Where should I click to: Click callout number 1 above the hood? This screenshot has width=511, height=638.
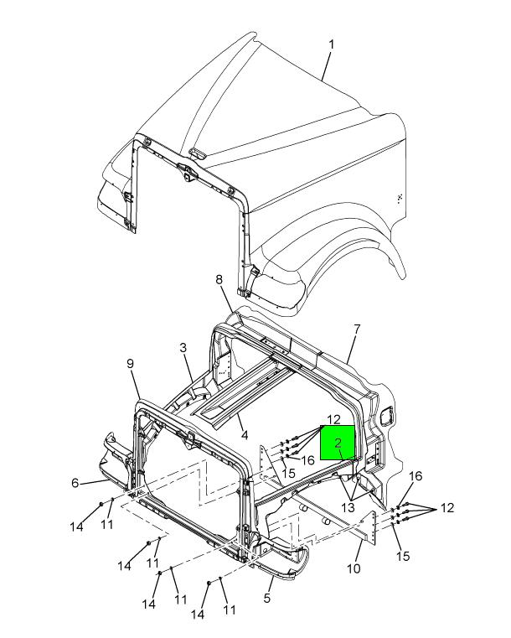pos(332,44)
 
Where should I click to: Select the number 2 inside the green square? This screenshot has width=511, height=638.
pos(338,443)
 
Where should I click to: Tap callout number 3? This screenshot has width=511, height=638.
pos(183,348)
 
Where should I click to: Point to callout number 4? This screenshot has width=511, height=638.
pos(245,435)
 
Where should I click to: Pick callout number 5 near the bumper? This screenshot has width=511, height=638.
pos(267,598)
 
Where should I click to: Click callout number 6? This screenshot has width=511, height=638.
pos(75,483)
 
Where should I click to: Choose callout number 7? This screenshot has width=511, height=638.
pos(357,329)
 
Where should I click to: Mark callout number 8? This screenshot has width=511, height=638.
pos(219,279)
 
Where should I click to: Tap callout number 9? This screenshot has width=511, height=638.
pos(130,363)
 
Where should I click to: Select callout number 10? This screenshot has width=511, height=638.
pos(354,568)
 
